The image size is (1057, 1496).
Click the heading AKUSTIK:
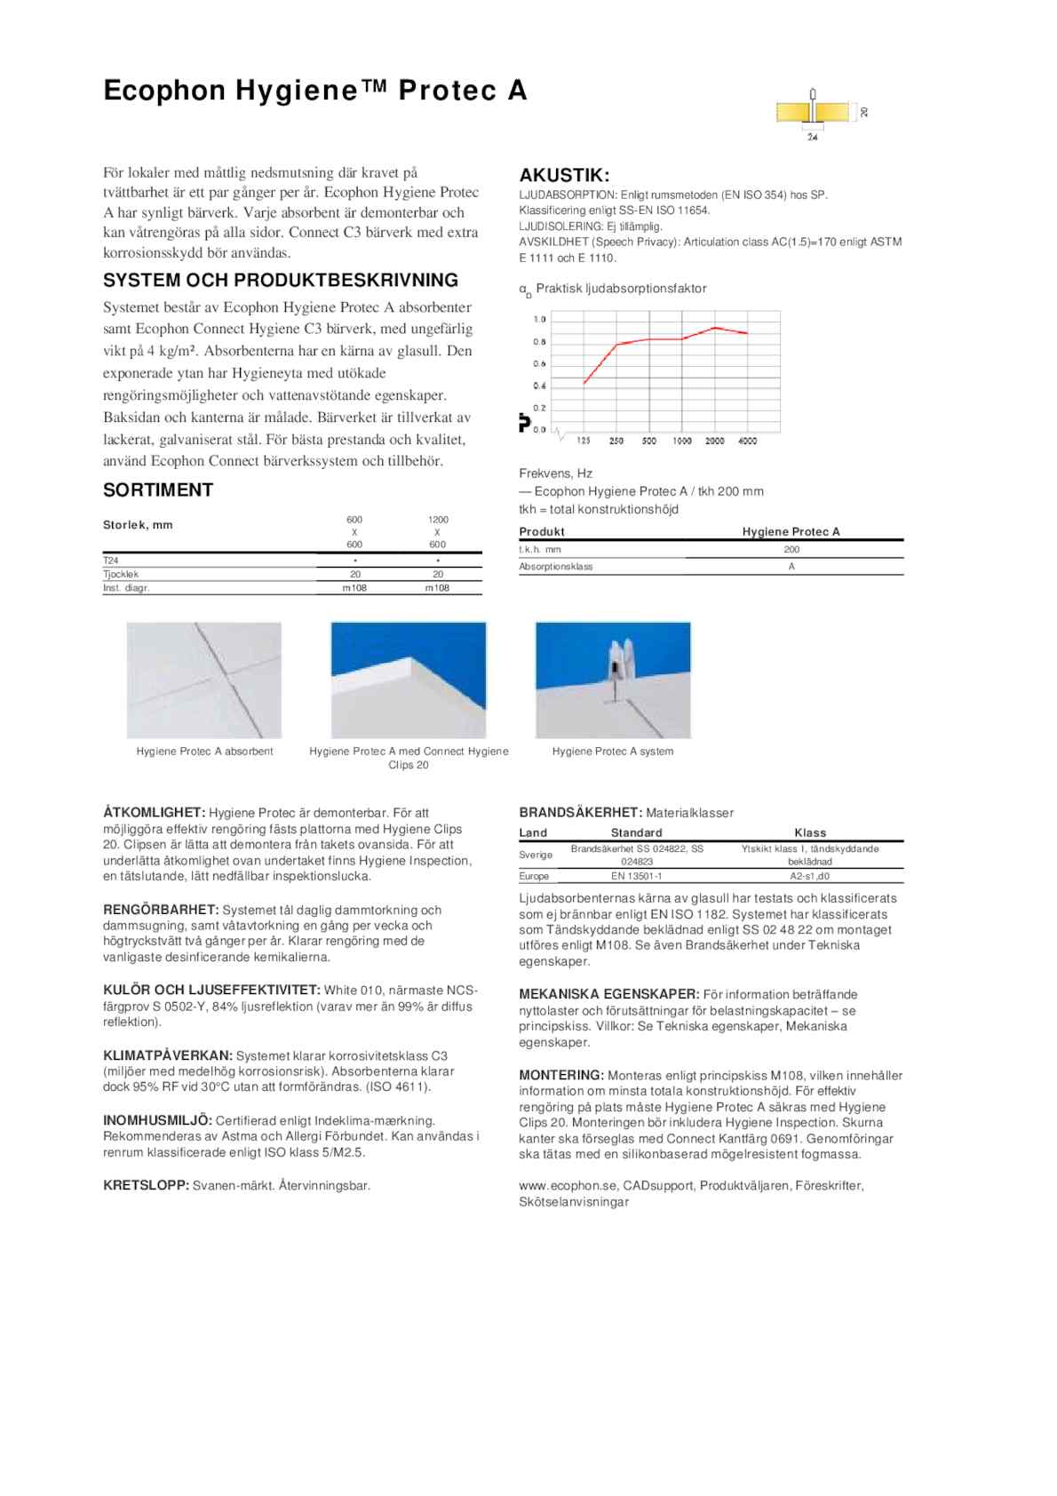(564, 175)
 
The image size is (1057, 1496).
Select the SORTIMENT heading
(158, 490)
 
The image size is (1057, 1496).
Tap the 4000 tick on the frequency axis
(747, 441)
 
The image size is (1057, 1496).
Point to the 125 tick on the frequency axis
(584, 441)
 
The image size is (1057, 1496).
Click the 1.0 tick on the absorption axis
(539, 319)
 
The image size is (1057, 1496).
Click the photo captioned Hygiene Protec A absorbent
(204, 680)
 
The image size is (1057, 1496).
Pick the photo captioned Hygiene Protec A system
(613, 680)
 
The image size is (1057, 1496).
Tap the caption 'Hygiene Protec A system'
(613, 752)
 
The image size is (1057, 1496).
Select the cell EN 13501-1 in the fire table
(636, 876)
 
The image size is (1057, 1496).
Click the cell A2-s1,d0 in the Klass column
(809, 876)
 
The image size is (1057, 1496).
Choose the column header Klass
(810, 832)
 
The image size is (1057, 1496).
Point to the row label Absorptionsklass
(556, 567)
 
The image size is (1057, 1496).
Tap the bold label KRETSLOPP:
(146, 1185)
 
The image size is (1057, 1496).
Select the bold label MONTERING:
(561, 1075)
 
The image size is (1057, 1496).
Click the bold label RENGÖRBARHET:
(161, 910)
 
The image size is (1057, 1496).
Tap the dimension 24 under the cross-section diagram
(812, 137)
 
